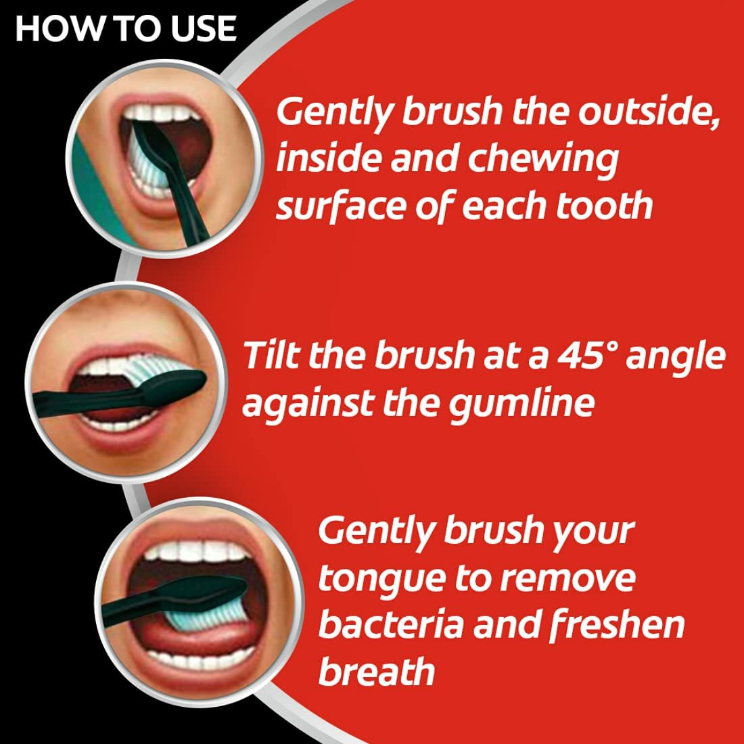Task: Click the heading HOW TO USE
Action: (126, 29)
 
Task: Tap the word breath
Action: (376, 672)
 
